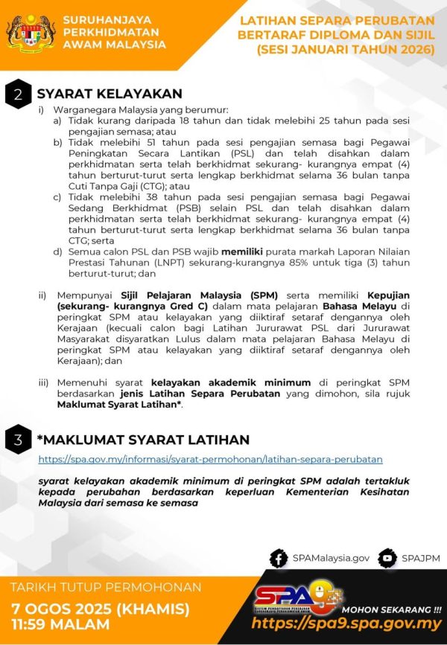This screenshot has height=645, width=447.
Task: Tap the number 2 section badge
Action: click(x=17, y=94)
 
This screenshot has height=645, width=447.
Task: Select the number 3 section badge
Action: click(x=17, y=440)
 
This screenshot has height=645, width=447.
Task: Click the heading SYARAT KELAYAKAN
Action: click(x=110, y=94)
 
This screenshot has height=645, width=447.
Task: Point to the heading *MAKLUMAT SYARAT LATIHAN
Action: click(x=143, y=440)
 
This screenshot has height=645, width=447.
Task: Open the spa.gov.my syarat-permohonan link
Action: click(x=210, y=460)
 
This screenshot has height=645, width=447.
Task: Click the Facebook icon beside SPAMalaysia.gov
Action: click(x=279, y=557)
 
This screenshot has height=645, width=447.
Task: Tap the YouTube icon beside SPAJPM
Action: click(x=387, y=557)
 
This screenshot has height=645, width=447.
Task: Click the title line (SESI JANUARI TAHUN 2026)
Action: click(x=345, y=49)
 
